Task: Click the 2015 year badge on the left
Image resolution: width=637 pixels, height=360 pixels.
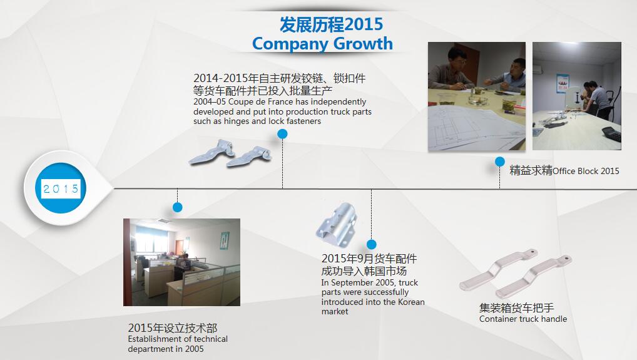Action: (x=61, y=188)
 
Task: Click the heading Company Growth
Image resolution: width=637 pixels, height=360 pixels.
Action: (x=322, y=44)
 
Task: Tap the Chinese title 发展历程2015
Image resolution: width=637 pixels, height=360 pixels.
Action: (x=331, y=24)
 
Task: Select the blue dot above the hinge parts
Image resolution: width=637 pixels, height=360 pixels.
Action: (x=282, y=134)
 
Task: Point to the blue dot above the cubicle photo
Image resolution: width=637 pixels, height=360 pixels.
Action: (x=178, y=207)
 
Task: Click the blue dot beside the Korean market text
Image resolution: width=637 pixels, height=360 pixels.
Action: (x=371, y=244)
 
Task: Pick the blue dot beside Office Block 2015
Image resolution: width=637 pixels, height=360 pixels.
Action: (x=500, y=162)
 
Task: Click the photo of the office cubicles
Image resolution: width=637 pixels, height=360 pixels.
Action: (x=181, y=262)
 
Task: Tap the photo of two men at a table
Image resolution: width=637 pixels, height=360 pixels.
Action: (x=477, y=96)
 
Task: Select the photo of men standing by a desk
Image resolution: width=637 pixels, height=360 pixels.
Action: (x=577, y=96)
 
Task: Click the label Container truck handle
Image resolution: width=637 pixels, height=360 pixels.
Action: (x=523, y=319)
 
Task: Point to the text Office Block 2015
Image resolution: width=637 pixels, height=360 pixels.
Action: (x=586, y=171)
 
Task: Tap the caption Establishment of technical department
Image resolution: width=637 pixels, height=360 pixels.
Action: (x=178, y=344)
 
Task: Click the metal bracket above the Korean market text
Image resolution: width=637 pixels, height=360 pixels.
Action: (x=337, y=224)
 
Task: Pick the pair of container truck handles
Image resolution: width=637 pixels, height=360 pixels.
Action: (x=516, y=274)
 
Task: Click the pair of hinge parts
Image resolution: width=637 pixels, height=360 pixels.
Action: (x=230, y=153)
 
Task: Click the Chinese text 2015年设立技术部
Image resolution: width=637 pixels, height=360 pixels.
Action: (x=173, y=328)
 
